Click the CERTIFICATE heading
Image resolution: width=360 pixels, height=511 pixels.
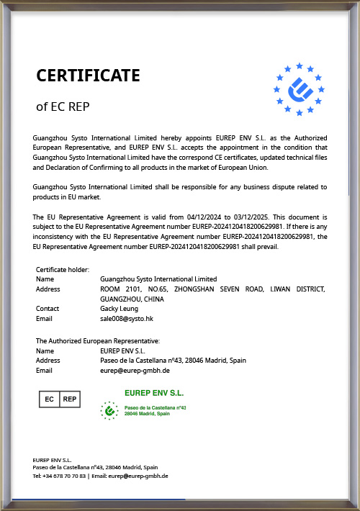pos(88,76)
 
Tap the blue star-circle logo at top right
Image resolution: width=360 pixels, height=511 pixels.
pos(300,89)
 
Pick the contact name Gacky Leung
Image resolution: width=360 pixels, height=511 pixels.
pos(120,308)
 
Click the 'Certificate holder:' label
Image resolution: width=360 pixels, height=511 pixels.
pos(63,269)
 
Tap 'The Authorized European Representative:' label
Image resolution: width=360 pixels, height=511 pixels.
pos(98,340)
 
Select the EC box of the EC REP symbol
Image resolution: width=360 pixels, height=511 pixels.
pos(50,399)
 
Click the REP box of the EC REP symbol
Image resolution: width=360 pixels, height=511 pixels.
pos(69,399)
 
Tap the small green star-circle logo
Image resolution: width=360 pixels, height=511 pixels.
pos(109,410)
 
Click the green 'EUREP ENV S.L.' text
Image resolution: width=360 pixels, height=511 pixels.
pos(154,394)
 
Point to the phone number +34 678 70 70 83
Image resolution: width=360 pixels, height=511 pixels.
pos(64,476)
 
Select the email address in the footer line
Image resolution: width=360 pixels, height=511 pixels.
pos(141,476)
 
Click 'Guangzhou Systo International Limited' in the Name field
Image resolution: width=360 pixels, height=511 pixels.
pos(158,279)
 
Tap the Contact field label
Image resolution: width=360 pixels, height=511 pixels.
pos(48,308)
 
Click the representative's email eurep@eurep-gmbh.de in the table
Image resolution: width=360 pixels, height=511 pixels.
pos(135,370)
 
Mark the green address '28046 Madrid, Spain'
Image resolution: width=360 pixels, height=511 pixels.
pos(148,414)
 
